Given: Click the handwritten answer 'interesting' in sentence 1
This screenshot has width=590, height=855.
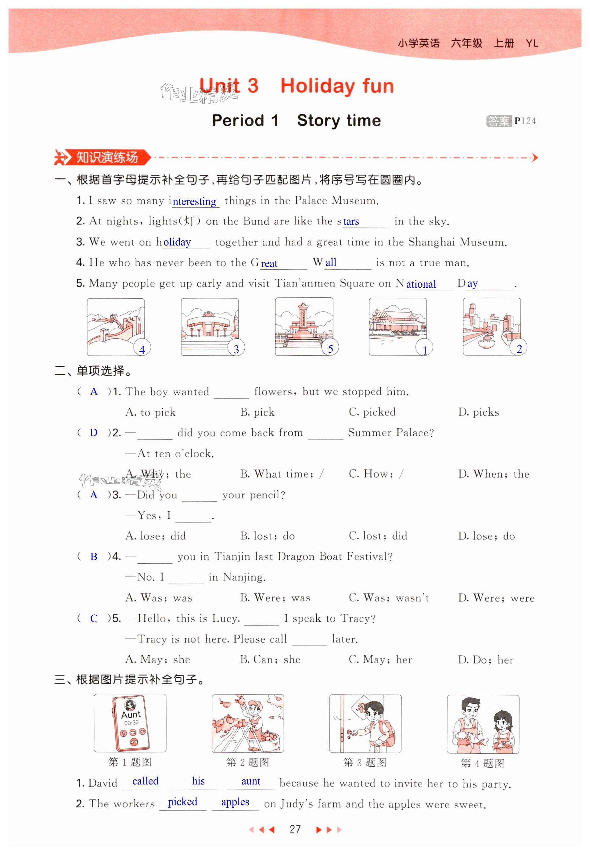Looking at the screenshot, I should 194,201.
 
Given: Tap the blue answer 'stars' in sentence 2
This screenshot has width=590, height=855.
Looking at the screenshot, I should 351,221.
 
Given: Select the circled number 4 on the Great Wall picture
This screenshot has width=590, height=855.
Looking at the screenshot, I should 142,349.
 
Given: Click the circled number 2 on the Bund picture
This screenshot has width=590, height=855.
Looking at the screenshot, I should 519,348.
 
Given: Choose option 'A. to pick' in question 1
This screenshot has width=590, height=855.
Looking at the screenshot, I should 150,412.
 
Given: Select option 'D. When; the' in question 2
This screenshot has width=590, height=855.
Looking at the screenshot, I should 494,474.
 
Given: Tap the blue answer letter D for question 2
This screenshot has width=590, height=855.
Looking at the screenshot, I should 94,432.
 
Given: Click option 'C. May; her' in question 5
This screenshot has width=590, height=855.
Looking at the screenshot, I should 380,659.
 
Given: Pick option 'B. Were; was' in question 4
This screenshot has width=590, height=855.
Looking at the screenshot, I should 275,598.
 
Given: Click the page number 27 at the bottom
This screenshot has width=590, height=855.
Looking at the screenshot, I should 295,829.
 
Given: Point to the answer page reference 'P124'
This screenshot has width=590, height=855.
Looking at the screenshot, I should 525,121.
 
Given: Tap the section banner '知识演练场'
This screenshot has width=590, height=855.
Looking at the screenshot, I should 106,158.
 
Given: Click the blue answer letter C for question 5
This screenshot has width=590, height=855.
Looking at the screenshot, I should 94,618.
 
